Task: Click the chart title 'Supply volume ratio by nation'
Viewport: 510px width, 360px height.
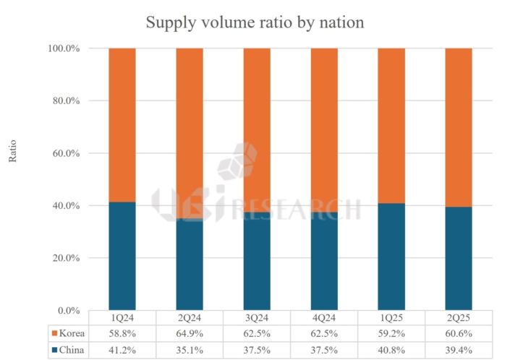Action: tap(255, 22)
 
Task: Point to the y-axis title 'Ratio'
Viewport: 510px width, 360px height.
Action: tap(12, 151)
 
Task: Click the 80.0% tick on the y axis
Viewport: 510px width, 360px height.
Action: tap(66, 100)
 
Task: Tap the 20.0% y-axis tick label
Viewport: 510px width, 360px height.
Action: tap(66, 258)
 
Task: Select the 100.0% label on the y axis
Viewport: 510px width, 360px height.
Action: tap(64, 48)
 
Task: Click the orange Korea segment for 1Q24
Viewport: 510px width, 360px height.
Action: tap(122, 125)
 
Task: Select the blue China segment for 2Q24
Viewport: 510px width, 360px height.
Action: tap(190, 264)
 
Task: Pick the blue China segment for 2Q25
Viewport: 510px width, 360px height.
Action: tap(459, 259)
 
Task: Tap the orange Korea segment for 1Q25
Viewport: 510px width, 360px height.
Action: tap(391, 126)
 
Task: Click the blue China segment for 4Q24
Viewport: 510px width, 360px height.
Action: tap(324, 261)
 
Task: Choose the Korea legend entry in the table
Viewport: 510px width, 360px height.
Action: tap(68, 333)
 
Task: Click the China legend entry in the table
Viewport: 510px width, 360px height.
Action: tap(68, 350)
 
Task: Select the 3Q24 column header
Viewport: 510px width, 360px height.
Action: tap(257, 317)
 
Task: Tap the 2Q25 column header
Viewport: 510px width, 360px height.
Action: tap(459, 317)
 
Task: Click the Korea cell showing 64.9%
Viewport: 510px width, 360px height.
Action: tap(190, 333)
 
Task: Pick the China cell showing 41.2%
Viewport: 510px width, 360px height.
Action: tap(122, 350)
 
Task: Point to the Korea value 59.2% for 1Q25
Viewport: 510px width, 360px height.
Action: tap(391, 333)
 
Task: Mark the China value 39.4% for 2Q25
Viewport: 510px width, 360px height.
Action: tap(459, 350)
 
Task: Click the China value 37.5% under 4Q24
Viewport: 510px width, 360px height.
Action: tap(324, 350)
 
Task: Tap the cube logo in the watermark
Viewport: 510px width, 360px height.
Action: tap(237, 161)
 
